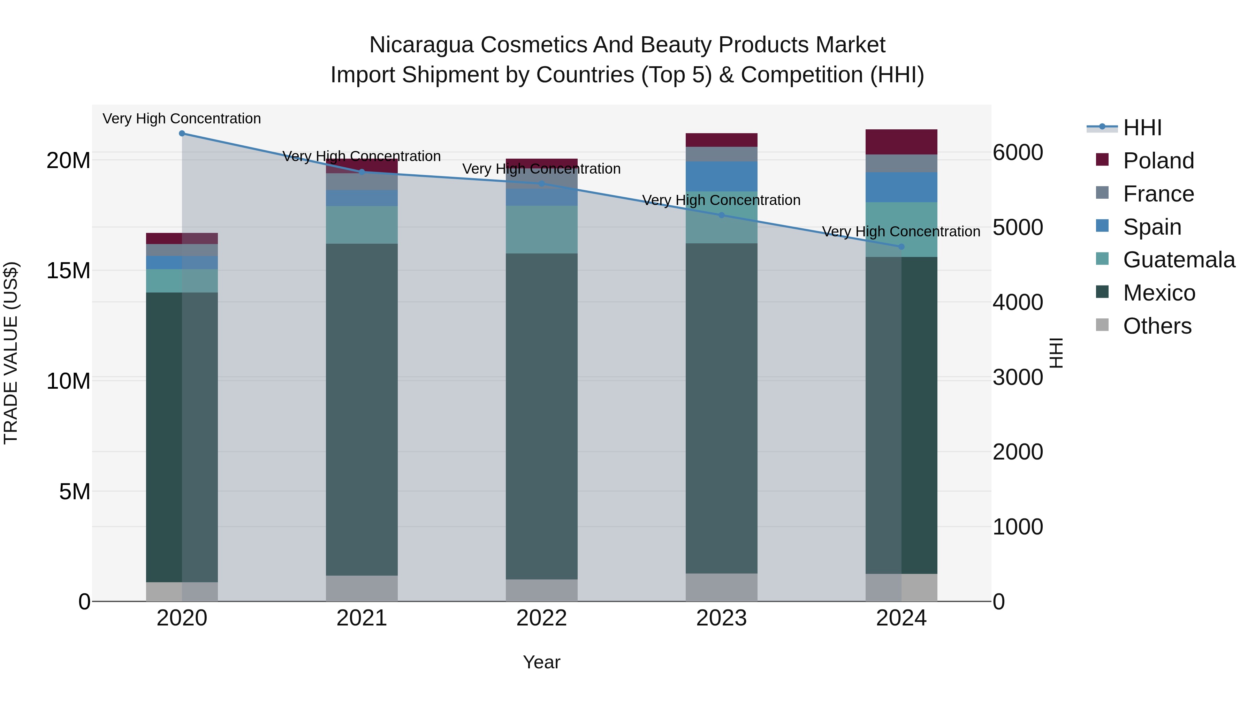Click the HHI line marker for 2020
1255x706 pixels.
[x=182, y=134]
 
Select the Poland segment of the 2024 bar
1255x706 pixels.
[x=901, y=142]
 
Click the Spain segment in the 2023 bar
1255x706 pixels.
[x=722, y=176]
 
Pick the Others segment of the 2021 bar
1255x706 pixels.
[x=362, y=589]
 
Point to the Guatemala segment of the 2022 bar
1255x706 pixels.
[x=541, y=229]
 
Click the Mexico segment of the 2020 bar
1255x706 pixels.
[x=182, y=437]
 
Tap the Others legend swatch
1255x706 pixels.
[x=1102, y=325]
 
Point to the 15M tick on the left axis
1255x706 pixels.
[x=69, y=271]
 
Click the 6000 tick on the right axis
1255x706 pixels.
[x=1018, y=152]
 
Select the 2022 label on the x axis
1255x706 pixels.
[x=541, y=618]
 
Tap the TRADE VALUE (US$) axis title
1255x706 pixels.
[x=11, y=353]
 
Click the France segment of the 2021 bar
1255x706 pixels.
[x=362, y=182]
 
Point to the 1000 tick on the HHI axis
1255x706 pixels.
[x=1018, y=527]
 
